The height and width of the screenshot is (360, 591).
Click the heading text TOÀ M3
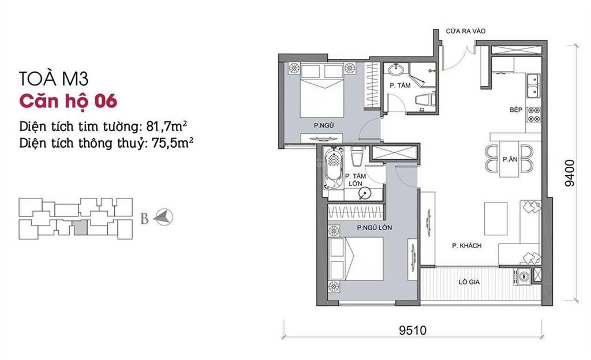pyautogui.click(x=53, y=78)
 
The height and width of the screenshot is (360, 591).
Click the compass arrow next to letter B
pyautogui.click(x=166, y=217)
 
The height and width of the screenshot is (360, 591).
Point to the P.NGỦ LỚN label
pyautogui.click(x=374, y=227)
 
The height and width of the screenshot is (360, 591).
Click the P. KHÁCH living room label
pyautogui.click(x=467, y=246)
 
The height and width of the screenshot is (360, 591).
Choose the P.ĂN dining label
pyautogui.click(x=509, y=159)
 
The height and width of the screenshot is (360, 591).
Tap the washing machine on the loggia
pyautogui.click(x=523, y=277)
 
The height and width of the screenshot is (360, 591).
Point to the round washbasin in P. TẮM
pyautogui.click(x=397, y=72)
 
